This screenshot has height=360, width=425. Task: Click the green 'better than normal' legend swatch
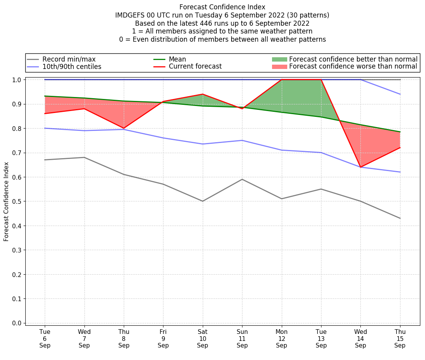coord(279,59)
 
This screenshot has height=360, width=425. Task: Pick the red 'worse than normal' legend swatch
coord(279,67)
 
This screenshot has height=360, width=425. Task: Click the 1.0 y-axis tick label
coord(18,80)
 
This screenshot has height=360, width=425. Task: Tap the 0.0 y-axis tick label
coord(18,323)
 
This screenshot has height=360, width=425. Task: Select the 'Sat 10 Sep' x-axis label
coord(202,339)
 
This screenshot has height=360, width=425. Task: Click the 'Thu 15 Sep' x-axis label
coord(400,339)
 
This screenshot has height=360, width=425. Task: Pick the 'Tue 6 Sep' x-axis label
coord(45,339)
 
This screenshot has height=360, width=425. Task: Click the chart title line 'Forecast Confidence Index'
coord(222,7)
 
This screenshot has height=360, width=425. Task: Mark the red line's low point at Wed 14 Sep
coord(360,167)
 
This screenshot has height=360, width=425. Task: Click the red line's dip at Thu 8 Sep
coord(124,128)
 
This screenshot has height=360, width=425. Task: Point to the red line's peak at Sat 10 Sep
coord(202,94)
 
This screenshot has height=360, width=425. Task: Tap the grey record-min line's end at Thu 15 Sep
coord(400,218)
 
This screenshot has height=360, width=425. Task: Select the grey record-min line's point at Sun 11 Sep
coord(242,179)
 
